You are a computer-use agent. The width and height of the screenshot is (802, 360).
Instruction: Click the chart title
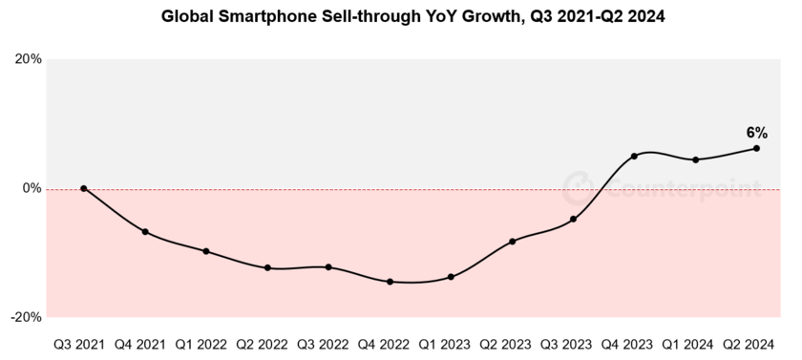coord(400,16)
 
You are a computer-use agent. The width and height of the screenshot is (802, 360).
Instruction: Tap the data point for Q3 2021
coord(84,189)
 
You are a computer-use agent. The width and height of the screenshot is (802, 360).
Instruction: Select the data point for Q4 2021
coord(145,232)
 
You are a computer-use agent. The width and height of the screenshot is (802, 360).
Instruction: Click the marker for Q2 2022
coord(267,268)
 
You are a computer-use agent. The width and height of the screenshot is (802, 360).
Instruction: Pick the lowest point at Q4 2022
coord(390,282)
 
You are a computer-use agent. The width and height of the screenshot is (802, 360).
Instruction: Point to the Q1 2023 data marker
coord(451,277)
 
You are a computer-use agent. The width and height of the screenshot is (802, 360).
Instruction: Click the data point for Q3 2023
coord(573,220)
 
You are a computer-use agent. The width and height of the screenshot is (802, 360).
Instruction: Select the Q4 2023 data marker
coord(634,156)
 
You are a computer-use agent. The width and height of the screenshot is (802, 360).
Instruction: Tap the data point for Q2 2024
coord(756,148)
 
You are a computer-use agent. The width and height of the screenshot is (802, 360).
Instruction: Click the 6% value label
coord(756,133)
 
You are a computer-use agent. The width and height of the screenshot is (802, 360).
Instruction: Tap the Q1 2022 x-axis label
coord(206,342)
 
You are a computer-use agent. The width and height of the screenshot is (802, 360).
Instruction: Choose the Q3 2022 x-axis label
coord(328,342)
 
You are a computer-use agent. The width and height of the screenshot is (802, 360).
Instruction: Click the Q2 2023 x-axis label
coord(512,342)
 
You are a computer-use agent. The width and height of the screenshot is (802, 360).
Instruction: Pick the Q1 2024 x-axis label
coord(695,342)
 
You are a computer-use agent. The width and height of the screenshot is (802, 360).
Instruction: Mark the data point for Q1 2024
coord(695,159)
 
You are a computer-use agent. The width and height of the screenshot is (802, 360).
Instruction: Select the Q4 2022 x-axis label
coord(390,342)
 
